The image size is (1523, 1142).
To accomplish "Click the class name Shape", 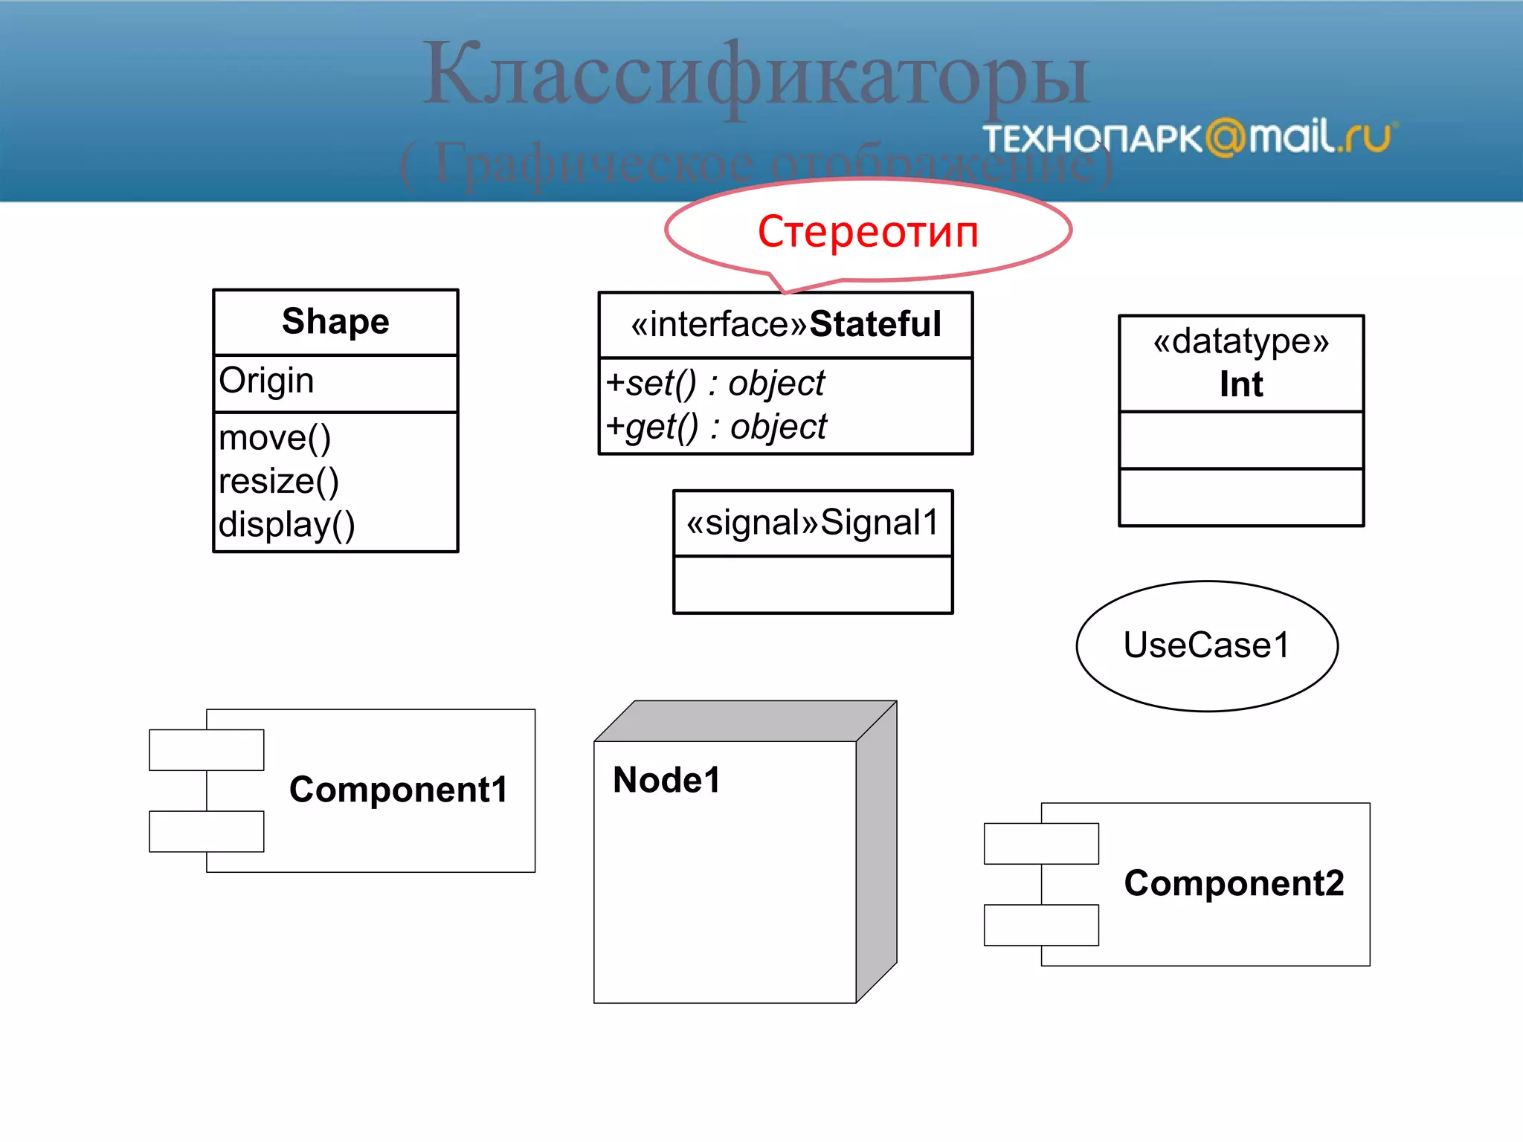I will coord(335,322).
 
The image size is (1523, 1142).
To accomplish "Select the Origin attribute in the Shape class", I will coord(266,381).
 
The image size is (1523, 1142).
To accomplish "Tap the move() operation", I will coord(274,438).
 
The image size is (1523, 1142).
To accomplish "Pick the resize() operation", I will coord(279,481).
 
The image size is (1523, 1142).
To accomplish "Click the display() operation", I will coord(286,525).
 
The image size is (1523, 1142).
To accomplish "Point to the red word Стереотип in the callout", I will coord(867,231).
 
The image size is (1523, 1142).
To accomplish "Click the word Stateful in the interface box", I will coord(875,324).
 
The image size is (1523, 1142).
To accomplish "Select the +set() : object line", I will coord(715,384).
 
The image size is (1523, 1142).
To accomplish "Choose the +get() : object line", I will coord(715,427).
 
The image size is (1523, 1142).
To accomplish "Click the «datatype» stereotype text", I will coord(1240,341).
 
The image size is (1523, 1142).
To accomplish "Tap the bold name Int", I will coord(1240,384).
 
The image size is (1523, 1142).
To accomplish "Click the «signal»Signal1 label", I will coord(812,522).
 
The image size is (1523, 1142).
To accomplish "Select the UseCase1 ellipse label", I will coord(1206,645).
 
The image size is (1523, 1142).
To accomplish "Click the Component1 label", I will coord(398,790).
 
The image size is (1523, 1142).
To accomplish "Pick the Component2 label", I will coord(1234,883).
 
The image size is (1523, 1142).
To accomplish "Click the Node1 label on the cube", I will coord(666,781).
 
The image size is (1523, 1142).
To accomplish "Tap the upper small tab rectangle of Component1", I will coord(206,749).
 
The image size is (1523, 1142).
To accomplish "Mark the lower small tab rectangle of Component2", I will coord(1040,925).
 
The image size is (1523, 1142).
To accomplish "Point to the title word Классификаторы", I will coord(756,74).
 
